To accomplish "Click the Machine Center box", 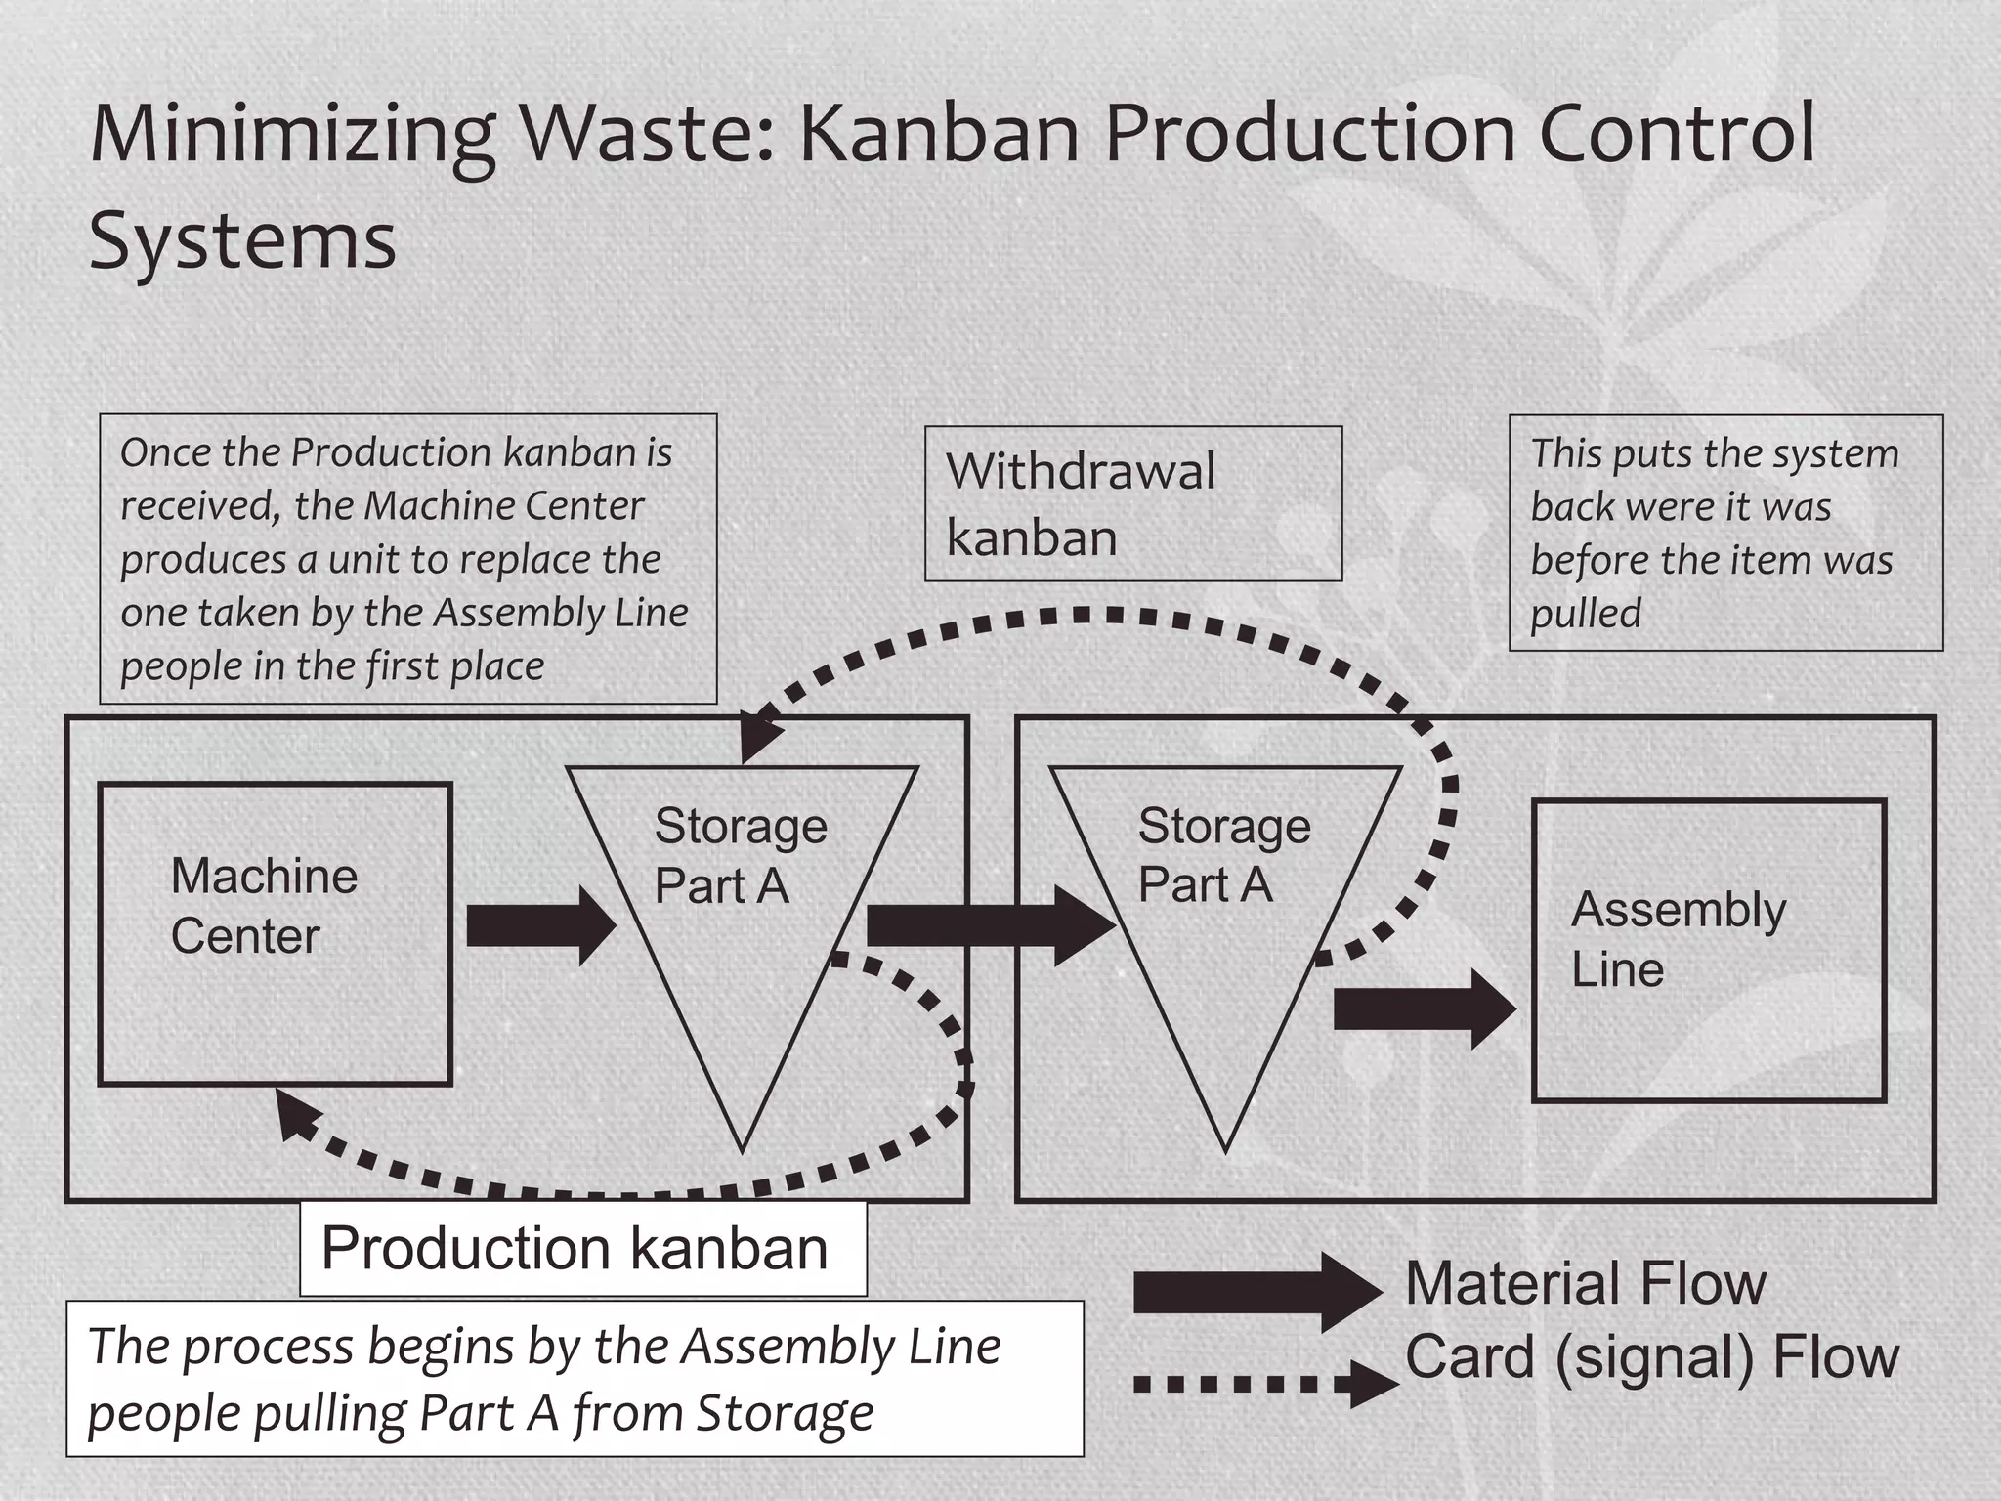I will pyautogui.click(x=275, y=933).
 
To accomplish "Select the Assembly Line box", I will pyautogui.click(x=1708, y=950).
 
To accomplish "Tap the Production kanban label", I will pyautogui.click(x=582, y=1249).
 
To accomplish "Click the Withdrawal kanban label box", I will pyautogui.click(x=1132, y=504).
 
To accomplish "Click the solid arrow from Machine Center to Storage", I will pyautogui.click(x=540, y=925).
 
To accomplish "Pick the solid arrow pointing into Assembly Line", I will pyautogui.click(x=1424, y=1009).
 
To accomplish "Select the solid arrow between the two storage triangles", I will pyautogui.click(x=989, y=925).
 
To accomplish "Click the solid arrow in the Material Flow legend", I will pyautogui.click(x=1256, y=1292).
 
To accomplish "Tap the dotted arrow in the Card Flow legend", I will pyautogui.click(x=1264, y=1384).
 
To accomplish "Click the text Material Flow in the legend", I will pyautogui.click(x=1585, y=1283).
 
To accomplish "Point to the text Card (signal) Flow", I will pyautogui.click(x=1651, y=1357).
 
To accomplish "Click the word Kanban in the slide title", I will pyautogui.click(x=939, y=133).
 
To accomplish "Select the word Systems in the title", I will pyautogui.click(x=242, y=240).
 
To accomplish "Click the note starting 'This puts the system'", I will pyautogui.click(x=1724, y=533).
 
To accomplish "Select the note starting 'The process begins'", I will pyautogui.click(x=575, y=1379).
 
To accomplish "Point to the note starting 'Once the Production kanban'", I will pyautogui.click(x=407, y=559).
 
